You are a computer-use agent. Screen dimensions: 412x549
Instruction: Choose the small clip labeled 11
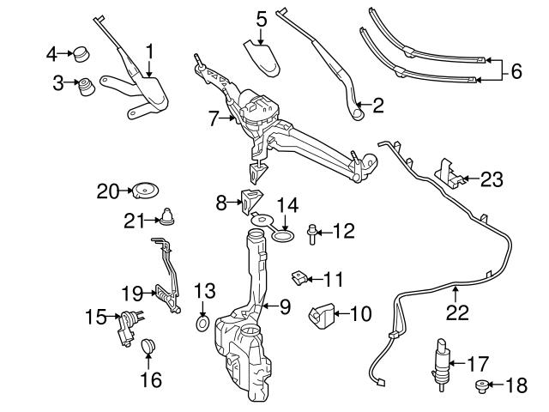[300, 277]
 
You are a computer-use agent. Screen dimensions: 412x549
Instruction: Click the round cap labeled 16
[148, 347]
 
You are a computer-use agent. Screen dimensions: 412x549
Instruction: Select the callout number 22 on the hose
[457, 313]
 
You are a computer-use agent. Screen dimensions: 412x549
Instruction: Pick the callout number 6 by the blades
[516, 71]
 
